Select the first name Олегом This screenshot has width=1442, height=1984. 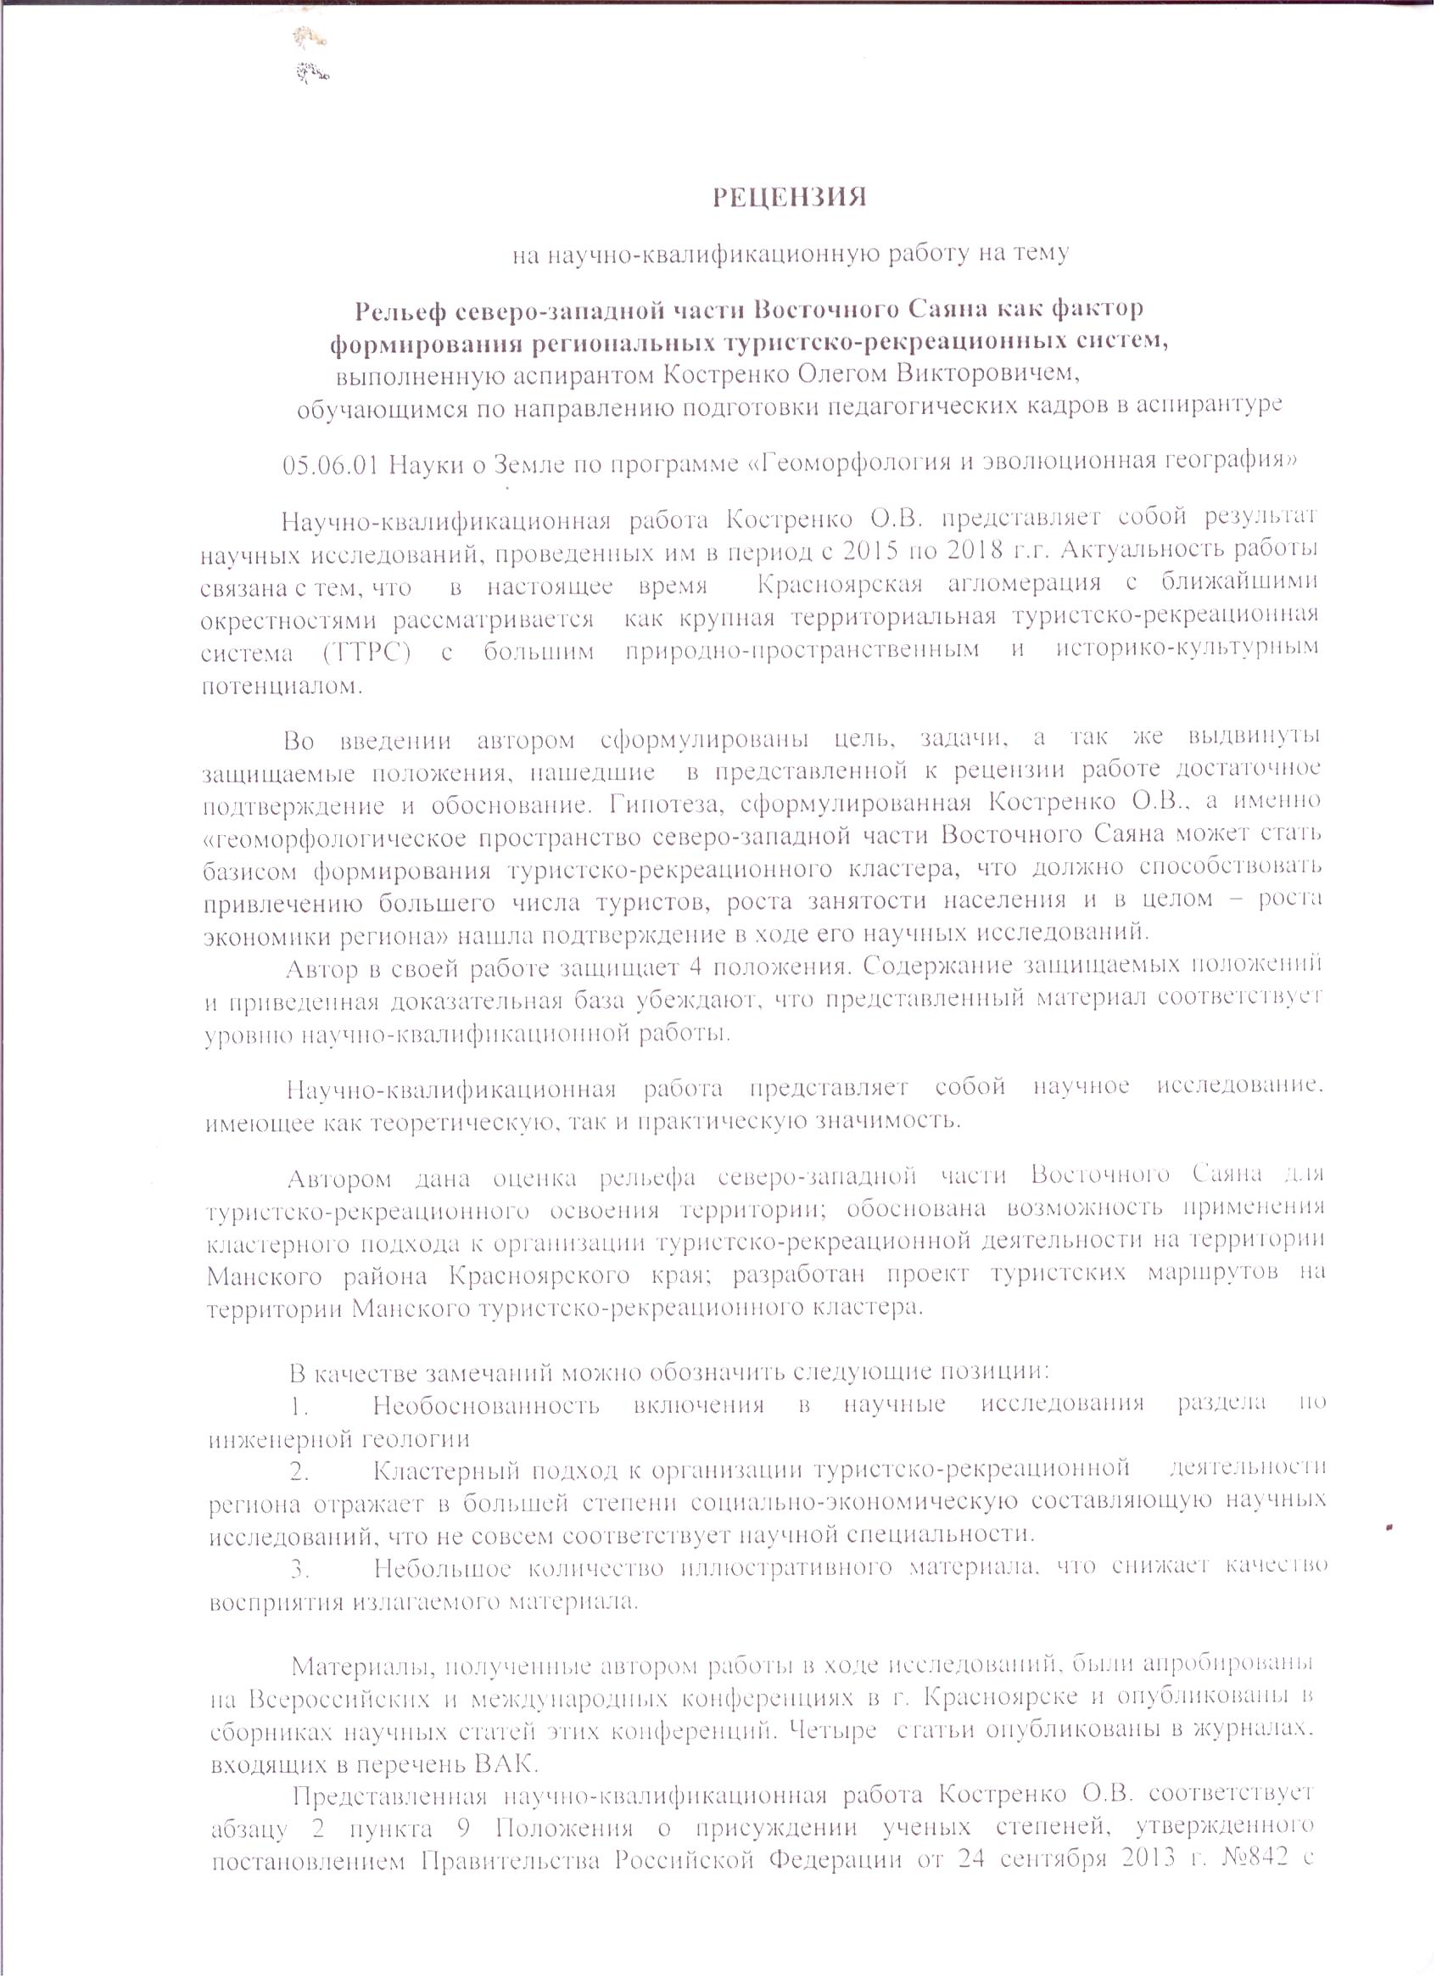click(835, 374)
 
